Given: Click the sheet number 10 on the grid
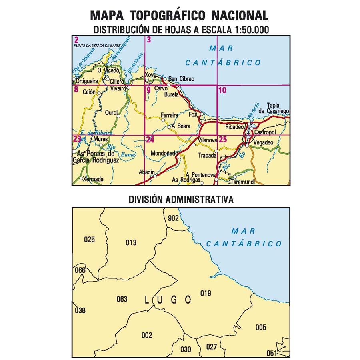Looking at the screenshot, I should (x=222, y=90).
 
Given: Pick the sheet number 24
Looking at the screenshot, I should (x=150, y=140).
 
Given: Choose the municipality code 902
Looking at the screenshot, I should (x=173, y=218).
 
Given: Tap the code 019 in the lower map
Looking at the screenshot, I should (x=206, y=294).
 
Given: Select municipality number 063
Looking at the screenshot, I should (x=122, y=299).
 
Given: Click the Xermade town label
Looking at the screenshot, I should (x=93, y=179).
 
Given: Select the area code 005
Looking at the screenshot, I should (x=260, y=328).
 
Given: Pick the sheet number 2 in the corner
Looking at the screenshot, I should (x=76, y=39).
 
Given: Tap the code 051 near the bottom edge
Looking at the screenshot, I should (x=272, y=353).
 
